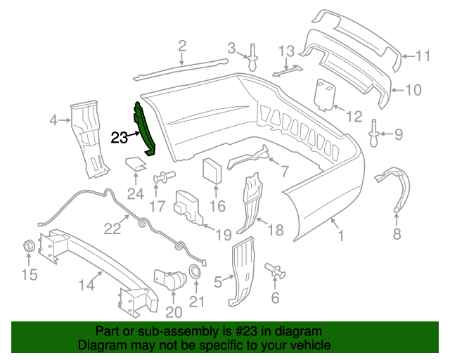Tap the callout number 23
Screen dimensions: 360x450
click(119, 137)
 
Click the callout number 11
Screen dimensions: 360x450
click(421, 57)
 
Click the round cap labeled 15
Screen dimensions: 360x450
click(30, 246)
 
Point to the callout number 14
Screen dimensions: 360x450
click(86, 285)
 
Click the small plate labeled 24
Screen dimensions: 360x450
click(136, 165)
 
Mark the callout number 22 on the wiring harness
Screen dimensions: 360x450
click(113, 228)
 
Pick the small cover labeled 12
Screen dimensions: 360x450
click(325, 95)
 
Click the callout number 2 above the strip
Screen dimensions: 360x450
click(182, 47)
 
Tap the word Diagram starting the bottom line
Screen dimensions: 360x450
click(101, 346)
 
